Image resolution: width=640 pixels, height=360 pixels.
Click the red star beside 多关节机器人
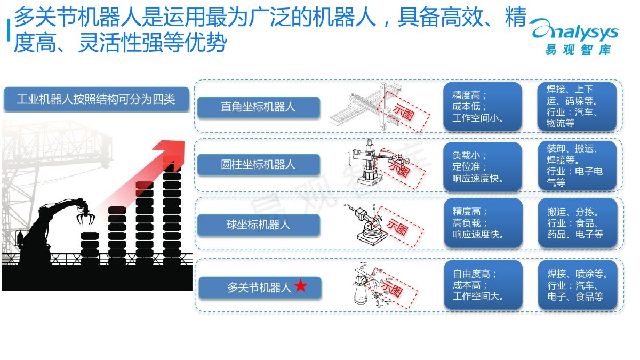pyautogui.click(x=301, y=286)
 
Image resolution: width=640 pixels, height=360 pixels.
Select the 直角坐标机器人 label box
pyautogui.click(x=259, y=107)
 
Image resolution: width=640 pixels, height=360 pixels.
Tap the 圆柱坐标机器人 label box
pyautogui.click(x=259, y=165)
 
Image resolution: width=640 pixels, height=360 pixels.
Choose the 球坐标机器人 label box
pyautogui.click(x=259, y=225)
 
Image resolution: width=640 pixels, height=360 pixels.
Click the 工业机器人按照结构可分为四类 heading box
pyautogui.click(x=96, y=99)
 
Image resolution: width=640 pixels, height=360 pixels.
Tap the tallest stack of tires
pyautogui.click(x=172, y=213)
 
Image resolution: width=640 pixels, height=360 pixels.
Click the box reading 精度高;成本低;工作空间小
pyautogui.click(x=483, y=107)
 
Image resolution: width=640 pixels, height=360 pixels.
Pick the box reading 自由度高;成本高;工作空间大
pyautogui.click(x=483, y=285)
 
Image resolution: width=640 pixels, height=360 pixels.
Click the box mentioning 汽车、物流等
pyautogui.click(x=577, y=106)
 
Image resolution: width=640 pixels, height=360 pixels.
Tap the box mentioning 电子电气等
pyautogui.click(x=577, y=165)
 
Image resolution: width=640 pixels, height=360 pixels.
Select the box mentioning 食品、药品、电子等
pyautogui.click(x=577, y=223)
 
